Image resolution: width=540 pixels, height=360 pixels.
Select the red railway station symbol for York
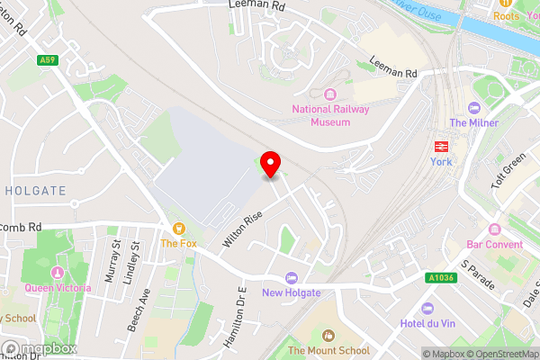click(442, 146)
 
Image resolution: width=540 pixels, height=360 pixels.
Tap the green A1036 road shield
click(441, 280)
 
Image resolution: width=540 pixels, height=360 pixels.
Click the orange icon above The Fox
click(179, 229)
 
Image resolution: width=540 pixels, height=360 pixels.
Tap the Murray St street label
click(115, 262)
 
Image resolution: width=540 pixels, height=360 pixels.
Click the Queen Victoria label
click(58, 288)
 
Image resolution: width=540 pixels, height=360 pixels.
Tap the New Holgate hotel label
click(291, 292)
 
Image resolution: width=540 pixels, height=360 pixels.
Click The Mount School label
click(328, 350)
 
